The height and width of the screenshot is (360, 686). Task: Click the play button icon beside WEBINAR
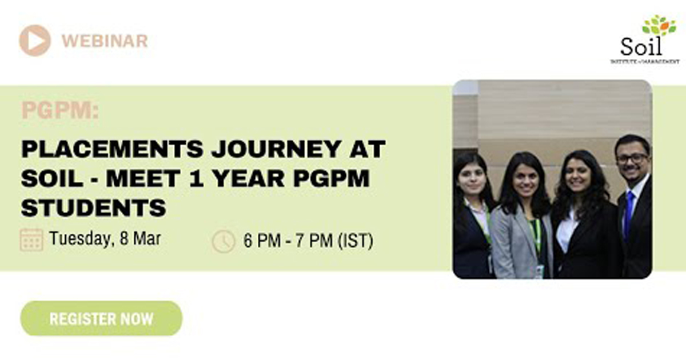[x=35, y=41]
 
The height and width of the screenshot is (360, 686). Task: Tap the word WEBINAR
[x=105, y=41]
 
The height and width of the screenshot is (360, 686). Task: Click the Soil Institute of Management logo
[x=645, y=39]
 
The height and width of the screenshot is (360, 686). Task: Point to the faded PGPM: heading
[x=60, y=110]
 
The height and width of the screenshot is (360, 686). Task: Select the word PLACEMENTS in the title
[x=112, y=149]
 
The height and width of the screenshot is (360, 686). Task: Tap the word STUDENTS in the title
[x=94, y=207]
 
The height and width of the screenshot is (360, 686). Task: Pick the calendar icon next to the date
[x=31, y=239]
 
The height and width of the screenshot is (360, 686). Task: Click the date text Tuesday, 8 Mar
[x=105, y=238]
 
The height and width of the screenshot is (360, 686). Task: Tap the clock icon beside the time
[x=224, y=241]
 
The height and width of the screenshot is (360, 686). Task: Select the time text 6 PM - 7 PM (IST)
[x=308, y=241]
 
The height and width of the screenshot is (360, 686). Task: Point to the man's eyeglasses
[x=632, y=159]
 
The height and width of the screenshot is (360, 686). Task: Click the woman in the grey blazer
[x=524, y=217]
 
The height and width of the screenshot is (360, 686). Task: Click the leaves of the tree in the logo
[x=659, y=25]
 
